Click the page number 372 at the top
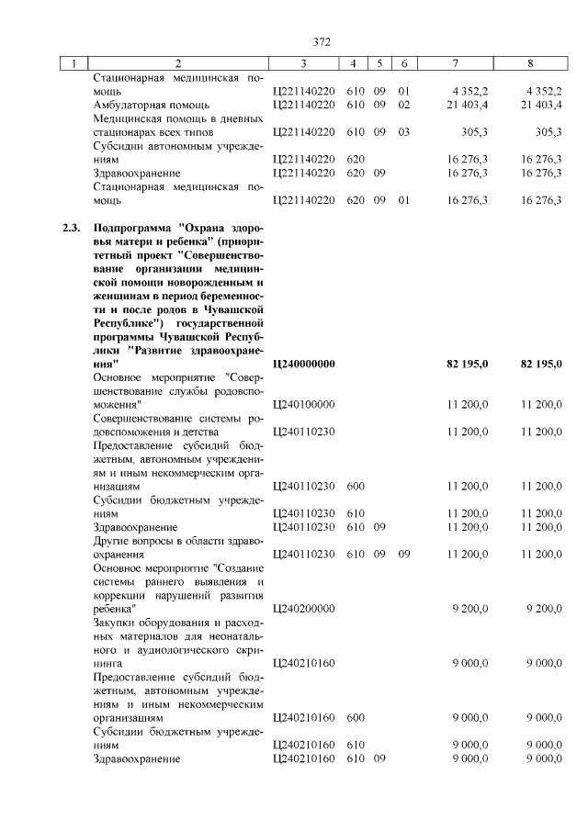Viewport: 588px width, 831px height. [322, 41]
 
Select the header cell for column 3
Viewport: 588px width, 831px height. [304, 63]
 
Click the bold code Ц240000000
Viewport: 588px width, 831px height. [304, 365]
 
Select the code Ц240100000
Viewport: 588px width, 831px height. [304, 404]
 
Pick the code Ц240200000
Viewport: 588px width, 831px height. [304, 608]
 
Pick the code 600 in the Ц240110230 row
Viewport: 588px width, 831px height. [356, 486]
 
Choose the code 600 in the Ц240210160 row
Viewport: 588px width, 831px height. [356, 717]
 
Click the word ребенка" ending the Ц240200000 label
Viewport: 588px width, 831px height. [115, 608]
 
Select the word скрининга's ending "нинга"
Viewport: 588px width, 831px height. [108, 661]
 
